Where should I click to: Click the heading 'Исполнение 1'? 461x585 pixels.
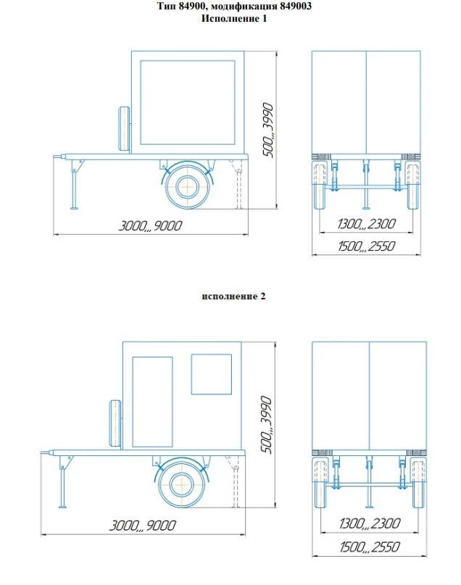click(x=233, y=19)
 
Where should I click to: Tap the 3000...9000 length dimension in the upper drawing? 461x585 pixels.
click(x=151, y=225)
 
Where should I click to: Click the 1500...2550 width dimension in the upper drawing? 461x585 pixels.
click(x=366, y=246)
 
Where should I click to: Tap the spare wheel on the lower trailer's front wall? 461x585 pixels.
click(x=115, y=423)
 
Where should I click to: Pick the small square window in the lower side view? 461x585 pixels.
click(x=210, y=374)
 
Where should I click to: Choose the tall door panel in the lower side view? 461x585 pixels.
click(x=152, y=402)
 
